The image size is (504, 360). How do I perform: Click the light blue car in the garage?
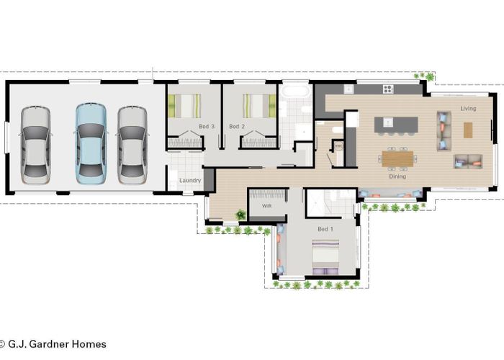pos(91,144)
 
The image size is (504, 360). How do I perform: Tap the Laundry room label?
pos(190,181)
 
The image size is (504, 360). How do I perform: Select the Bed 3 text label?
pos(207,127)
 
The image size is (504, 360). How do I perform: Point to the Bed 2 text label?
pos(237,127)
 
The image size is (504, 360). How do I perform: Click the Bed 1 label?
pos(325,229)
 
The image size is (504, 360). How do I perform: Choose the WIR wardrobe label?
pos(266,206)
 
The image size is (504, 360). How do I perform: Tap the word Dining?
pos(397,176)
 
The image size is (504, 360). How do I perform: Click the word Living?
pos(468,108)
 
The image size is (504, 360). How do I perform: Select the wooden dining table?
pos(397,159)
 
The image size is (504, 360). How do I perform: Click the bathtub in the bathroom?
pos(296,91)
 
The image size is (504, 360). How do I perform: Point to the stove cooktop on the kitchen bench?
pos(388,89)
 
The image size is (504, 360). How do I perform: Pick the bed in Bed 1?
pos(325,257)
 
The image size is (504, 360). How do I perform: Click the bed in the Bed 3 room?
pos(184,106)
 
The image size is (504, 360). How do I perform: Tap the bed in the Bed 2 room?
pos(259,106)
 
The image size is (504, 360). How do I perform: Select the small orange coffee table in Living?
pos(468,130)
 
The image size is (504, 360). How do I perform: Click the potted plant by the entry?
pos(240,215)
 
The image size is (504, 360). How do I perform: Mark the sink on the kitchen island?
pos(388,122)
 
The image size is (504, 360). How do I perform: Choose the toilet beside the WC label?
pos(338,130)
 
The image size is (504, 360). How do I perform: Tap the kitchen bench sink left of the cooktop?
pos(348,89)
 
